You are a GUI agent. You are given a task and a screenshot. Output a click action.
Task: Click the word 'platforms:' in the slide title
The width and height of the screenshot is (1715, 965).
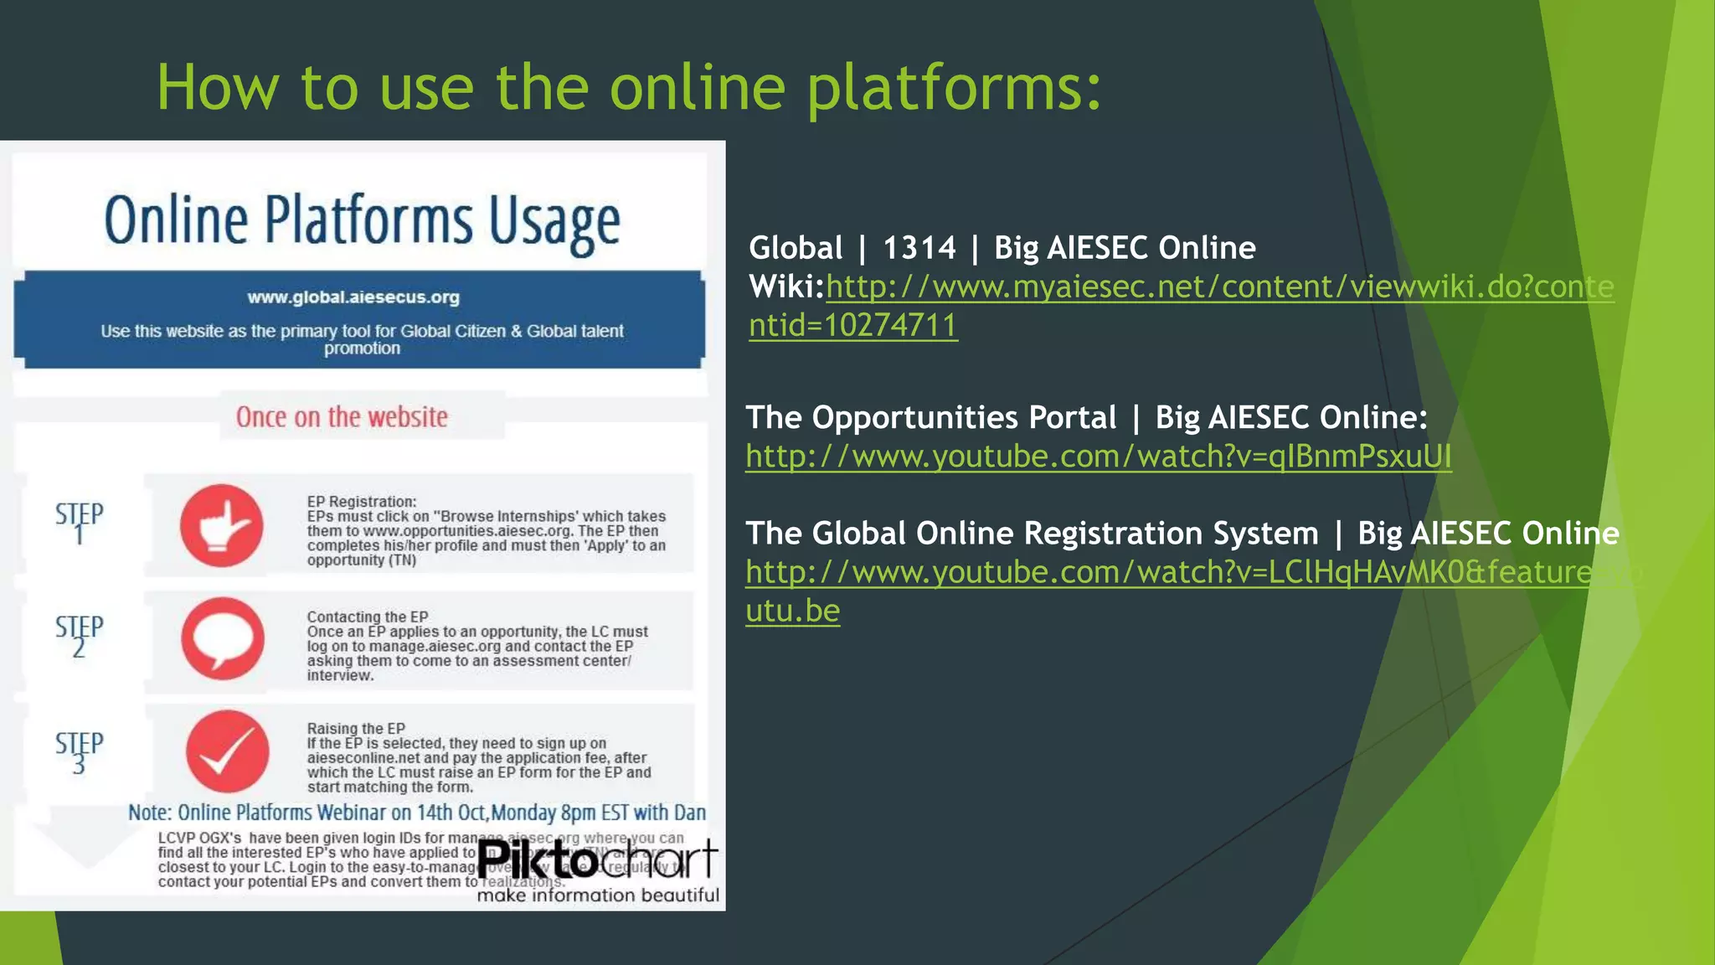click(x=955, y=88)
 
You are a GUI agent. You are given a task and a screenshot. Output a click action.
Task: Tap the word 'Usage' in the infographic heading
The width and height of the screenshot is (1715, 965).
click(x=554, y=221)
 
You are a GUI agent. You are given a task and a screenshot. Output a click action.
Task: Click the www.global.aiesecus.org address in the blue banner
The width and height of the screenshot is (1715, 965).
click(x=353, y=297)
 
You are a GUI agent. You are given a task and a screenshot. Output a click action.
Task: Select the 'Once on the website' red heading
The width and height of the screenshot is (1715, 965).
click(x=342, y=416)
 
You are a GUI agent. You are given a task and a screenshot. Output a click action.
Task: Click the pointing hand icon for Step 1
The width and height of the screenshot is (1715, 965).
click(x=222, y=525)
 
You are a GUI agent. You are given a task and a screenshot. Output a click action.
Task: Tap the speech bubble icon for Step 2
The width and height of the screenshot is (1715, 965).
click(x=223, y=638)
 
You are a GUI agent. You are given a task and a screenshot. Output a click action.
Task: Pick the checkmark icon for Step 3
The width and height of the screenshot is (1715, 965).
click(x=227, y=751)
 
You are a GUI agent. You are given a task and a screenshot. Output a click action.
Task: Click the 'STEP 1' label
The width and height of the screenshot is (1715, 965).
click(x=80, y=522)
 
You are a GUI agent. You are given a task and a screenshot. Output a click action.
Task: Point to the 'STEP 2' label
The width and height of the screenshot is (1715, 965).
click(x=80, y=636)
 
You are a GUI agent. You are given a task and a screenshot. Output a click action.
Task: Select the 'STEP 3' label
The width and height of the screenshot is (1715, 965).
click(x=80, y=751)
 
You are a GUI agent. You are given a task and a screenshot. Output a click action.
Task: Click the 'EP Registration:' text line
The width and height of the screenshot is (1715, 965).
click(x=361, y=502)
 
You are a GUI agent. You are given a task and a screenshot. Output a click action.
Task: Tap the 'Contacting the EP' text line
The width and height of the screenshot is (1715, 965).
click(x=367, y=617)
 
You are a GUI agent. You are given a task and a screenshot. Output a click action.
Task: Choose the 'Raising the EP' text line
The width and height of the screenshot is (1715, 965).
click(x=356, y=729)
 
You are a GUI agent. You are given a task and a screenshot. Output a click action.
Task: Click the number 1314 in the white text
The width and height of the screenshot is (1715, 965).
click(x=919, y=248)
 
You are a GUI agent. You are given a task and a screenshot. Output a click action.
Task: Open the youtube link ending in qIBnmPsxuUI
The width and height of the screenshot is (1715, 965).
click(x=1098, y=457)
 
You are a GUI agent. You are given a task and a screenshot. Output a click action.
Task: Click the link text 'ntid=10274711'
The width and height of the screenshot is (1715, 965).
click(x=852, y=325)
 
